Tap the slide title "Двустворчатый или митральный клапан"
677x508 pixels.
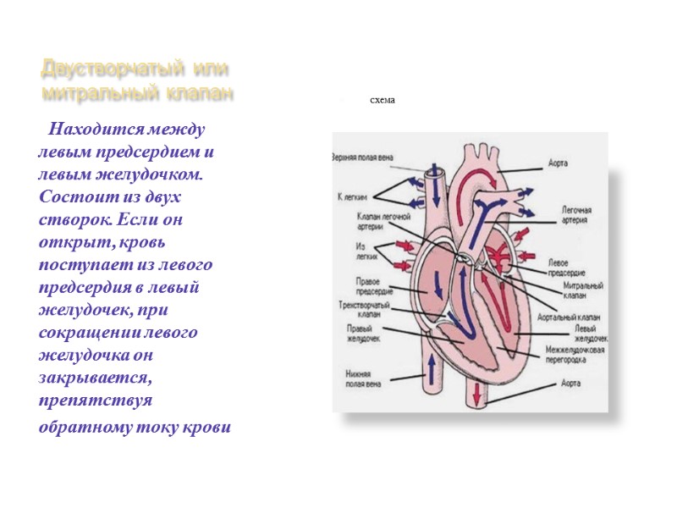[x=138, y=80]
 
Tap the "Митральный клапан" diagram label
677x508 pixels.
[x=581, y=292]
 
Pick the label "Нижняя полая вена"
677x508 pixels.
[x=363, y=378]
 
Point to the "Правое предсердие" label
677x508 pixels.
[x=362, y=285]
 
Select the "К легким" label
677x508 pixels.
[x=351, y=196]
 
